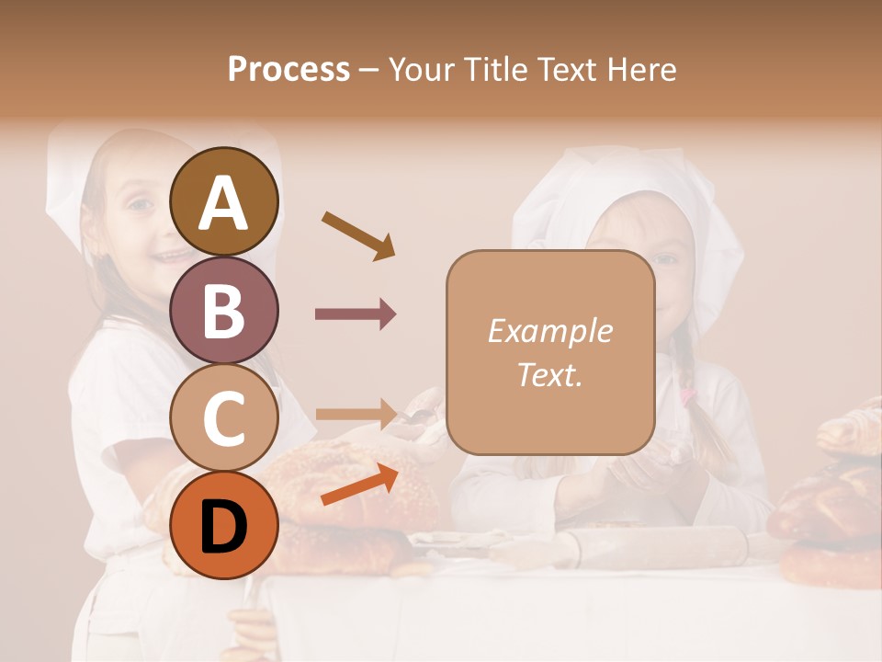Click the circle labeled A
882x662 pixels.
(x=224, y=201)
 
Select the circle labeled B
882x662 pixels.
(x=224, y=310)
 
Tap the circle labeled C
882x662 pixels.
(x=224, y=418)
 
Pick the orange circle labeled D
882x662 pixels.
(x=224, y=526)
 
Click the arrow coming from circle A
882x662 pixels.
(x=357, y=234)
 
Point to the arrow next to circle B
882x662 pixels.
(x=356, y=314)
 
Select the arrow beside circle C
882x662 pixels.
(x=356, y=413)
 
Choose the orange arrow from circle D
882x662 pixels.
(x=359, y=485)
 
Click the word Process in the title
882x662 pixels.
(x=288, y=69)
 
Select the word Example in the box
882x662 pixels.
(x=549, y=331)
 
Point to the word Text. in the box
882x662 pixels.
(x=549, y=374)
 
